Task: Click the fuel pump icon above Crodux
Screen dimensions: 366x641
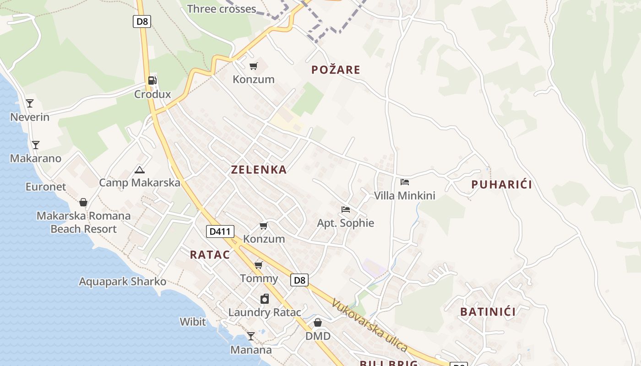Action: click(152, 81)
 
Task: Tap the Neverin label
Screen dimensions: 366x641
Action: click(30, 117)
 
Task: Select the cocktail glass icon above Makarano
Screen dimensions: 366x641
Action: click(36, 145)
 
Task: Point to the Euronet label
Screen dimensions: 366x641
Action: click(46, 187)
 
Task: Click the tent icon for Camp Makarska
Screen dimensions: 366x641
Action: click(140, 170)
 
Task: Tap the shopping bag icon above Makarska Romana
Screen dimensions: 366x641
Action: click(83, 202)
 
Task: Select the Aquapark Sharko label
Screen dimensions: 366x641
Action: click(123, 281)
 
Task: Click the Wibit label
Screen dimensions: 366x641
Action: click(193, 322)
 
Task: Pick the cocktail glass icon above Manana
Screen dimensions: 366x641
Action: click(251, 336)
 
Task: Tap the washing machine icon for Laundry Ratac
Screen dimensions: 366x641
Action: click(265, 299)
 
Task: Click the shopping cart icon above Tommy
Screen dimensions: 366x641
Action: click(259, 265)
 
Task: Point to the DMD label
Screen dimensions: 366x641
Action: click(318, 336)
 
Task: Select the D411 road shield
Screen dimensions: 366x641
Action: click(219, 231)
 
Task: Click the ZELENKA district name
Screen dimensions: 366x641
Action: click(259, 170)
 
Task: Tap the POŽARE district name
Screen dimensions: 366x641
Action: click(336, 70)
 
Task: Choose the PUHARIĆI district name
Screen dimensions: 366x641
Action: click(502, 185)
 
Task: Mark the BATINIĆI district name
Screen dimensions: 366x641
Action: click(488, 312)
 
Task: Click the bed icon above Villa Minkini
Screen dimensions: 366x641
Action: click(404, 182)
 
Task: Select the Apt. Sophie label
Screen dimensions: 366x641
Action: click(346, 223)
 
